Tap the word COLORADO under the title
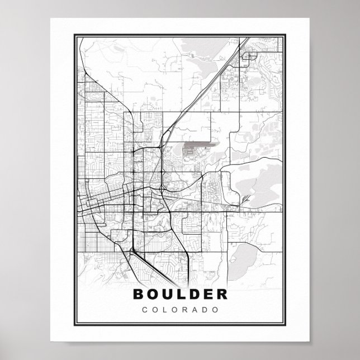point(180,309)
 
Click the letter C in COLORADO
point(146,309)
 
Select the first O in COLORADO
point(155,309)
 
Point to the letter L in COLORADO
point(165,309)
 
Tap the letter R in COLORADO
point(185,309)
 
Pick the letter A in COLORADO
point(195,309)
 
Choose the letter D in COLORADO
point(205,309)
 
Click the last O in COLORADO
point(215,309)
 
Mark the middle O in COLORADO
point(175,309)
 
